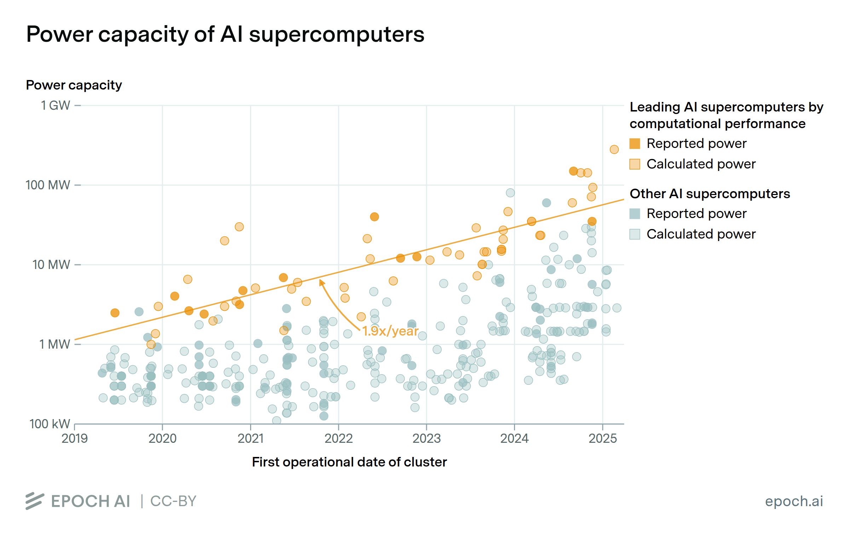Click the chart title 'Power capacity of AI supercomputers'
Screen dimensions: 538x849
pos(225,35)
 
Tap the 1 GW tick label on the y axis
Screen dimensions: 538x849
pos(56,105)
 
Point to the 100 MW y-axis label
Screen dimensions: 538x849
pos(48,185)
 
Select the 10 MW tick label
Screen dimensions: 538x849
pos(52,265)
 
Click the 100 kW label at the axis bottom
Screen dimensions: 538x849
pos(50,424)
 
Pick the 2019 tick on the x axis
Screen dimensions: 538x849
pos(75,439)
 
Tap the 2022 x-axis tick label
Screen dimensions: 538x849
pos(339,439)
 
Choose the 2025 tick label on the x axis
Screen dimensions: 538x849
pos(602,439)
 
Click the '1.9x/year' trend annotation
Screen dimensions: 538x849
pos(390,331)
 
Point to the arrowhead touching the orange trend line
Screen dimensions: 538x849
pos(321,282)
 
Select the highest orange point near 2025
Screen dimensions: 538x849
pos(614,149)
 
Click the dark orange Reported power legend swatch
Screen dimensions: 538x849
pos(635,144)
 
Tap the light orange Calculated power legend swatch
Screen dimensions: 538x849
pos(635,164)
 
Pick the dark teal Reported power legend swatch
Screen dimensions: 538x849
pos(635,214)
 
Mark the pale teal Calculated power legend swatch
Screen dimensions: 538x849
pos(635,234)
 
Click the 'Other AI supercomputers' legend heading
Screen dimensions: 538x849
pos(710,194)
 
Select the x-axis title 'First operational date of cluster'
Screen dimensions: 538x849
pos(349,462)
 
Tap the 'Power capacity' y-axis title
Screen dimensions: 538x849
pos(74,85)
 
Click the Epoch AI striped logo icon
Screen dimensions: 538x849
pos(35,501)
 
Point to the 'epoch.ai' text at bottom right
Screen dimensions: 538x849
pos(794,501)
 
